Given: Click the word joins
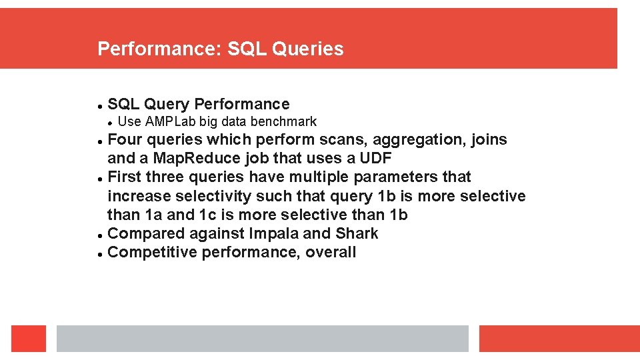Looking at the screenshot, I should pos(489,140).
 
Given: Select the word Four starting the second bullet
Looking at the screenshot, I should pos(125,140).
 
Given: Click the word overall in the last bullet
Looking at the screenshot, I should pos(331,252).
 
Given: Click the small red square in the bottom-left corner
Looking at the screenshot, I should pos(29,339).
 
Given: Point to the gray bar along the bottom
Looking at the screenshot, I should pos(263,339).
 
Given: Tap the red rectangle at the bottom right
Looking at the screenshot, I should pos(559,339).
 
